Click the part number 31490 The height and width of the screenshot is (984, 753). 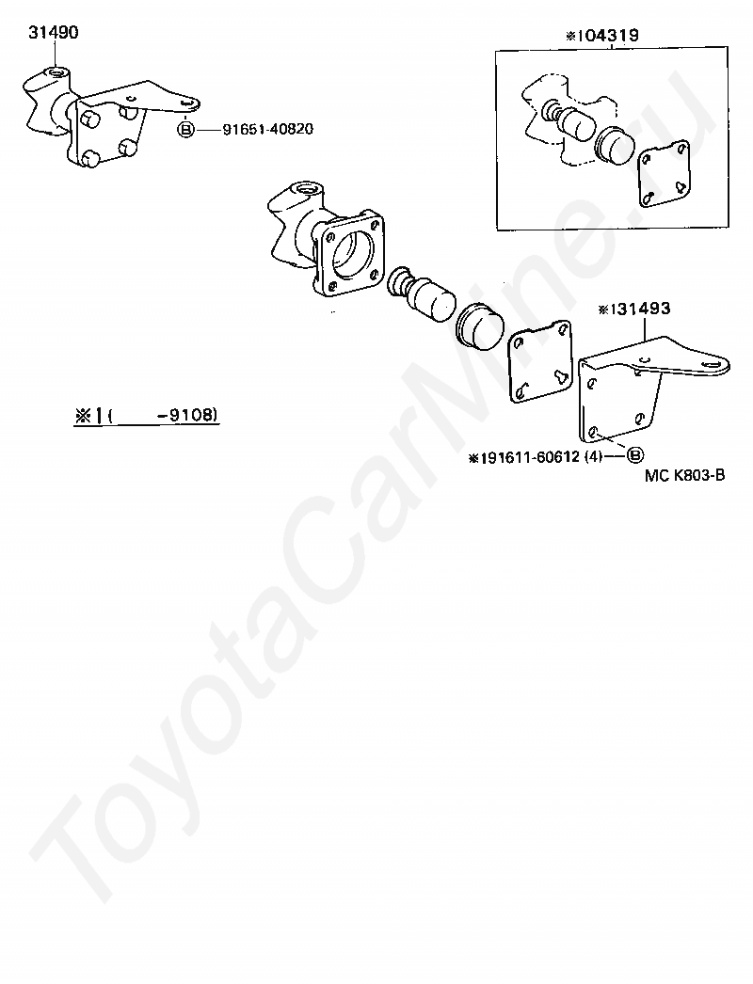[54, 33]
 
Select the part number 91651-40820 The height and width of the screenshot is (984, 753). [268, 129]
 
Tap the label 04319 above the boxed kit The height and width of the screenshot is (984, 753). [608, 36]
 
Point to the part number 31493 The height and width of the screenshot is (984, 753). [641, 309]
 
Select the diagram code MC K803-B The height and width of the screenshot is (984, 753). [685, 475]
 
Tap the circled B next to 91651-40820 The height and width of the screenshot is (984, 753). [186, 130]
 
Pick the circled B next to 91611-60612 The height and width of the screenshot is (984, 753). [636, 455]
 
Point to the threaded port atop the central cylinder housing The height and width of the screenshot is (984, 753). [308, 188]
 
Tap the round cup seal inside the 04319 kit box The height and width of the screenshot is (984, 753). [613, 145]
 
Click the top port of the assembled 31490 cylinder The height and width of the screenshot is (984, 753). [56, 73]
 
